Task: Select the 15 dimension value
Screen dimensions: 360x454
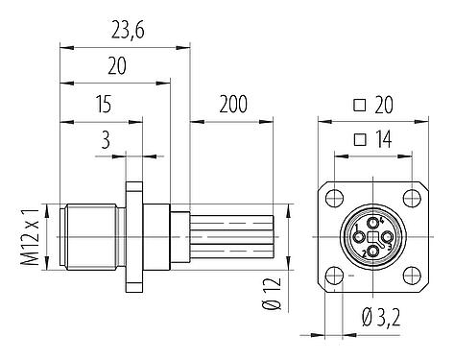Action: pos(100,103)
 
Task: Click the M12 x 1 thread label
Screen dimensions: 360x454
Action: pos(30,236)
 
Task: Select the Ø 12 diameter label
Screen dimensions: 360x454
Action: pos(272,294)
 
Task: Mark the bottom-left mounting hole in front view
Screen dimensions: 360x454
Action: pos(334,275)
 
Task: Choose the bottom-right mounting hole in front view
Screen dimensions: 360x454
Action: pos(410,275)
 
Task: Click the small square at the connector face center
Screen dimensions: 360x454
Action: pos(372,237)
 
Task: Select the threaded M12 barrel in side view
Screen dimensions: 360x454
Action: pos(91,236)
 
